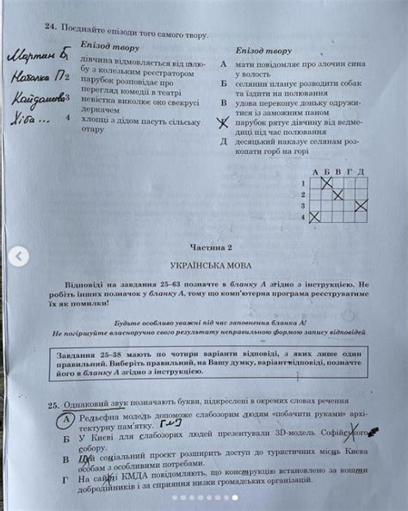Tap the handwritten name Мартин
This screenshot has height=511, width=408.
pos(34,56)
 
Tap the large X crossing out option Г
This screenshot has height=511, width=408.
pos(224,123)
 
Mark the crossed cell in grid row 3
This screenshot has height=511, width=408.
pos(362,205)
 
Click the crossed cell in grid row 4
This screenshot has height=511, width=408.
pos(314,216)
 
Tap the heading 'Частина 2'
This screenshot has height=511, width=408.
pos(204,243)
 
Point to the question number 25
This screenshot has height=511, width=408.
pos(53,404)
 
